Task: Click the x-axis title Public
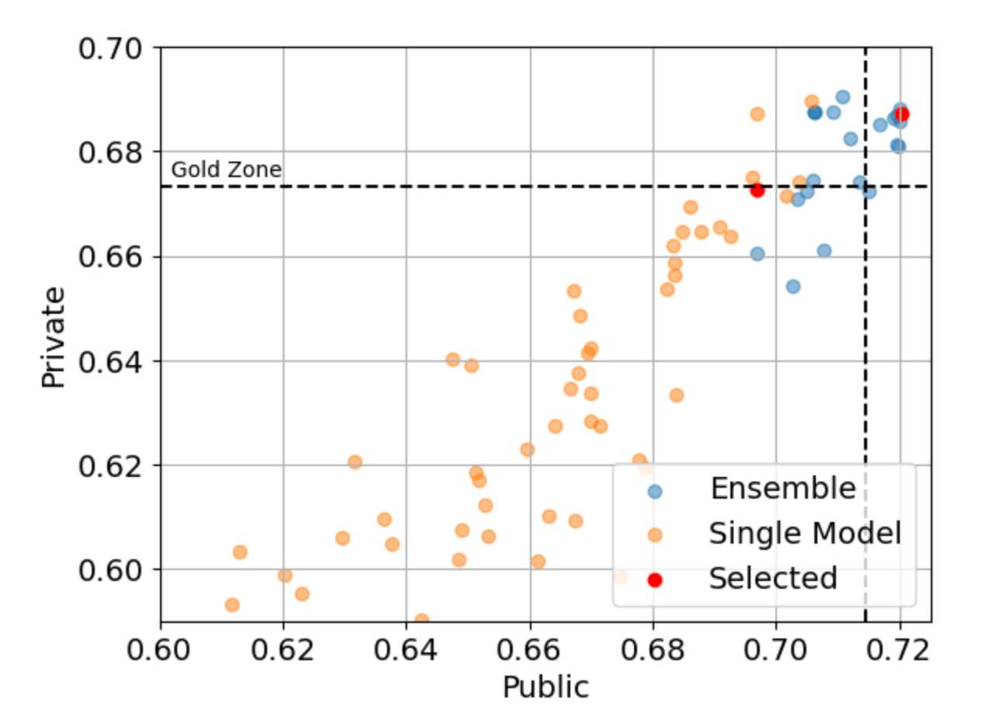[x=545, y=687]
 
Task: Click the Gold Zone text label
[x=226, y=170]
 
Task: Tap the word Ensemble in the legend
[x=782, y=489]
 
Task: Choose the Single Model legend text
[x=804, y=534]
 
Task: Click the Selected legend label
[x=773, y=579]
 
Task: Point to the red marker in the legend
[x=655, y=579]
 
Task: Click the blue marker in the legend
[x=655, y=490]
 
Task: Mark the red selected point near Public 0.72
[x=901, y=114]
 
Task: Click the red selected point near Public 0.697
[x=758, y=190]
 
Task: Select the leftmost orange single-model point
[x=232, y=605]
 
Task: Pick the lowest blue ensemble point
[x=793, y=287]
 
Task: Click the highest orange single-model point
[x=812, y=102]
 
